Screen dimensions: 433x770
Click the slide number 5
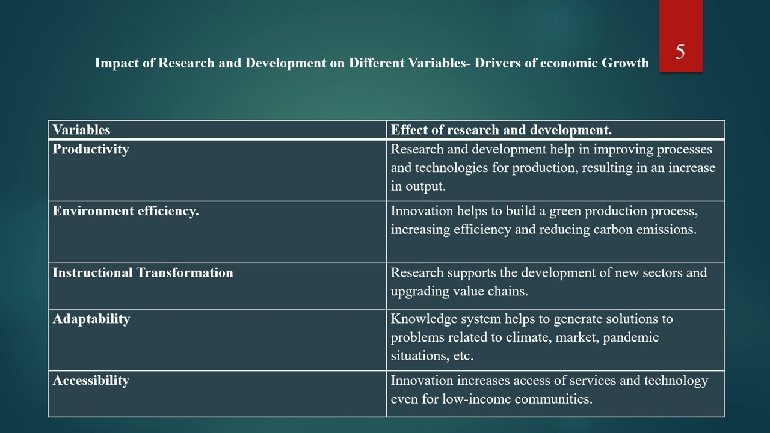(680, 52)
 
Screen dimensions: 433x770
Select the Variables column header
(81, 130)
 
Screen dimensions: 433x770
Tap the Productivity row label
(91, 149)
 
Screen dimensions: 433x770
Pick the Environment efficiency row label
(126, 211)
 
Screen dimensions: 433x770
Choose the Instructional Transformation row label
(143, 272)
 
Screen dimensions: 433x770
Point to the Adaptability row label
(91, 319)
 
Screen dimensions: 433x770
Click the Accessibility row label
(91, 381)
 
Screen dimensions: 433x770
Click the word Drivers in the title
(497, 63)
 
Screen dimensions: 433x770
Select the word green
(565, 211)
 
